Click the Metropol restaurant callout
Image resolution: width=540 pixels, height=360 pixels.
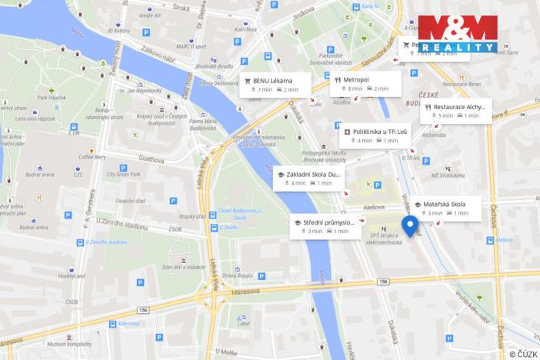click(x=365, y=84)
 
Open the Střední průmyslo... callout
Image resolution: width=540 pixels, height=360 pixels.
click(x=324, y=225)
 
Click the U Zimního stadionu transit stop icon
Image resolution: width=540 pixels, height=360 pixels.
click(x=79, y=242)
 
